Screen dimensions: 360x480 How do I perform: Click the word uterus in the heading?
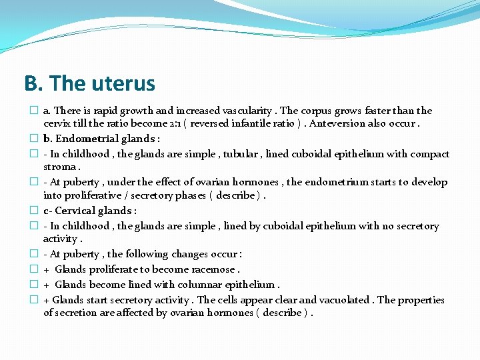coord(122,84)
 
